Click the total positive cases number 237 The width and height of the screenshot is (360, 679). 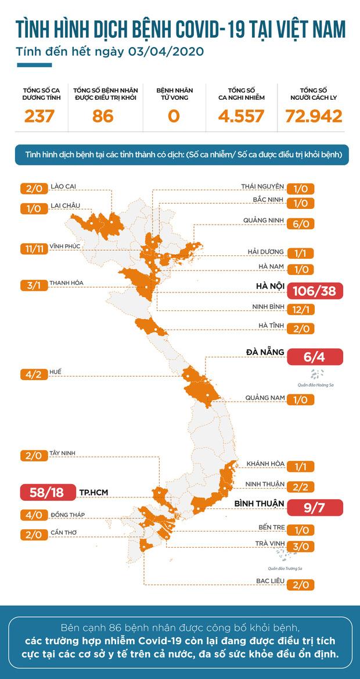(x=39, y=116)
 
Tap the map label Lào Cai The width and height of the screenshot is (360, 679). (x=63, y=186)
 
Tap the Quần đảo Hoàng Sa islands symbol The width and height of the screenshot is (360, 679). (x=316, y=373)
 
